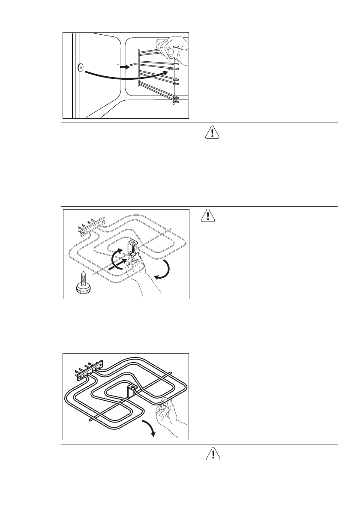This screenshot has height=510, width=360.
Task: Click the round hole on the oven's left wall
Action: click(x=80, y=67)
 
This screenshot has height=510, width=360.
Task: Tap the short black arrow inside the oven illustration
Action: click(x=124, y=67)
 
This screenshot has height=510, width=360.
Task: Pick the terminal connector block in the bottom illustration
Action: click(x=90, y=369)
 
